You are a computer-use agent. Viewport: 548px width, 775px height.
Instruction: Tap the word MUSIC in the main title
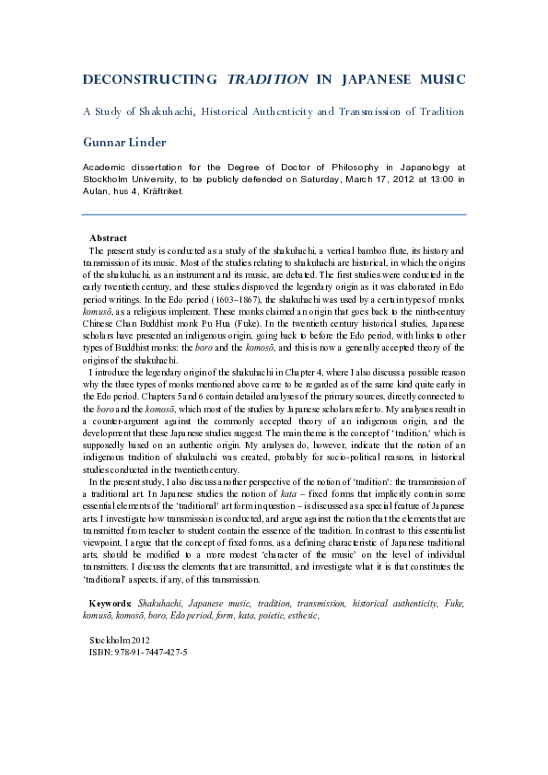[x=436, y=80]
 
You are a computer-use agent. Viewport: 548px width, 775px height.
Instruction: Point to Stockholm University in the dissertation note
[x=134, y=180]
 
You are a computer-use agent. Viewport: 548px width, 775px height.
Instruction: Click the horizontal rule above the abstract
[x=274, y=214]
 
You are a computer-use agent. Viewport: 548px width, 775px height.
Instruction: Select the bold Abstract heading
[x=108, y=238]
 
